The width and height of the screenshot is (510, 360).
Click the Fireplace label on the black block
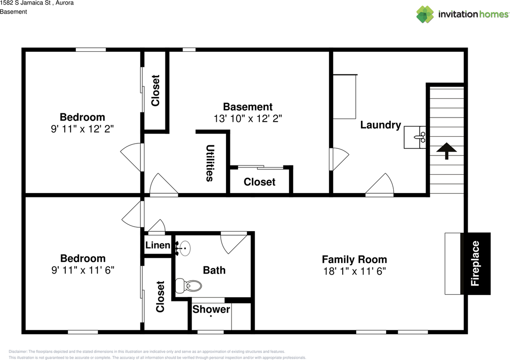click(x=475, y=264)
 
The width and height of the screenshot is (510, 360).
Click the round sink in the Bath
click(x=184, y=248)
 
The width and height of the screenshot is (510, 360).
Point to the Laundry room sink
click(x=415, y=137)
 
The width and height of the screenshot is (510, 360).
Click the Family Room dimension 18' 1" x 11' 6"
click(x=355, y=271)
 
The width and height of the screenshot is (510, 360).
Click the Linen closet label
click(x=158, y=245)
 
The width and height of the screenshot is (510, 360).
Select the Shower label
click(x=211, y=309)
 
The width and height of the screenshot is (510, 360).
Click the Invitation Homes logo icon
click(x=425, y=14)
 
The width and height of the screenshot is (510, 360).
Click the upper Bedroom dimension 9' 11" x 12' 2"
click(x=83, y=129)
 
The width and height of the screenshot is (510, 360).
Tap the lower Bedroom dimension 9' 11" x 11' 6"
click(x=83, y=270)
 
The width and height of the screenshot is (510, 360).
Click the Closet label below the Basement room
click(x=259, y=182)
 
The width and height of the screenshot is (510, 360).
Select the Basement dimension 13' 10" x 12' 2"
click(x=248, y=119)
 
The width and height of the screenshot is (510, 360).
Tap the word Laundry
click(x=381, y=125)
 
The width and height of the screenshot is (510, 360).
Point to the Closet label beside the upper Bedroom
click(x=155, y=90)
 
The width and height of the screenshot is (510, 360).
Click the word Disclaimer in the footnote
click(x=18, y=352)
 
